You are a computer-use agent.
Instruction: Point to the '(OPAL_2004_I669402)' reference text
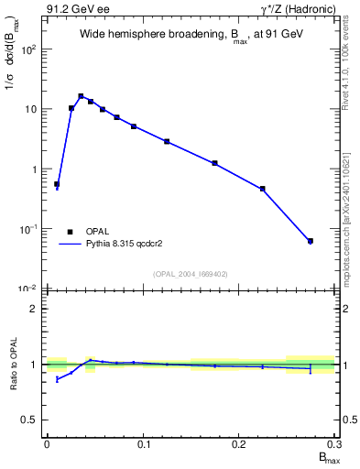[191, 272]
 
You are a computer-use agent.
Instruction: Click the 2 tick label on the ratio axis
[37, 309]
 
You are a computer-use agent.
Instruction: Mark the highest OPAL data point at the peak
[81, 96]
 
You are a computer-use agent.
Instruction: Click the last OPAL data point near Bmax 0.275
[311, 241]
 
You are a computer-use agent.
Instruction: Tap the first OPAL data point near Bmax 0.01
[57, 184]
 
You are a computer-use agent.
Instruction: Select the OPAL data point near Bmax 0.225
[263, 189]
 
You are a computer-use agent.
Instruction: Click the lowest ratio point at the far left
[57, 378]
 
